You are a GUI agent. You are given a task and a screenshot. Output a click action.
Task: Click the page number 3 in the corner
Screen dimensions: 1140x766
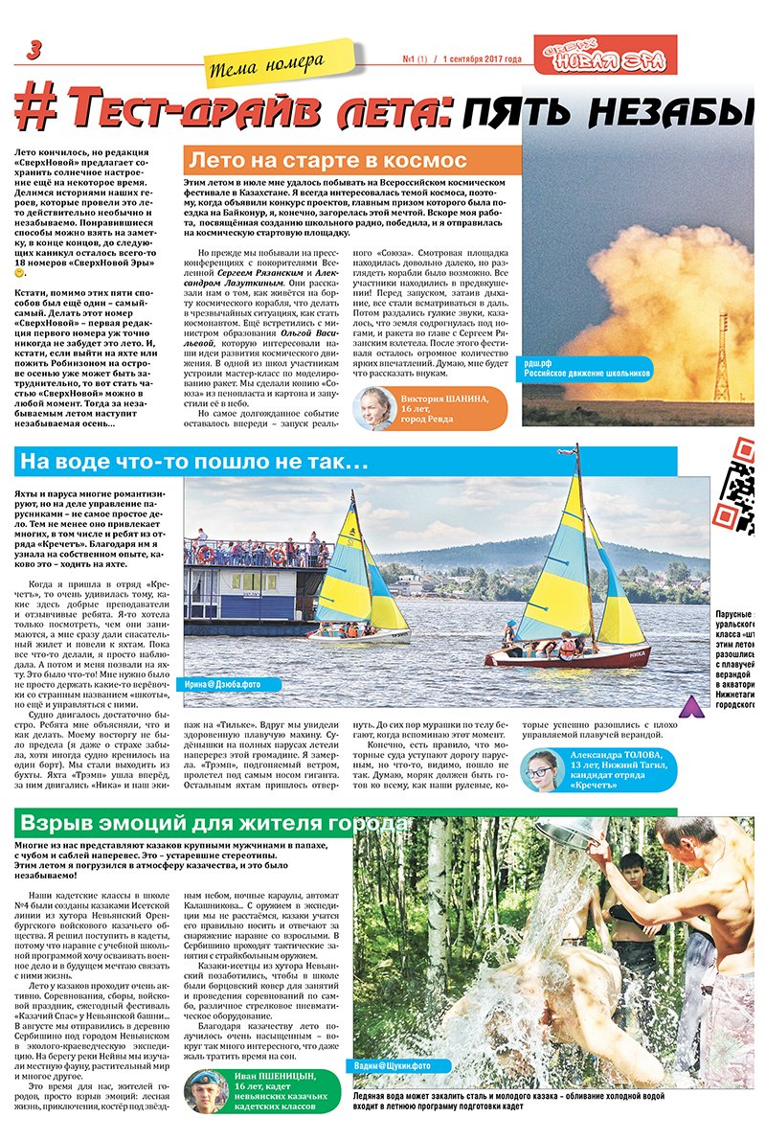(34, 51)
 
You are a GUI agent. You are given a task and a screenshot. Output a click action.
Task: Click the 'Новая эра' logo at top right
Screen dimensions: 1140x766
(619, 57)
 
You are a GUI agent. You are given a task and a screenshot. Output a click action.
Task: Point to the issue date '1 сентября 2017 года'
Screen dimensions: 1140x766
(480, 59)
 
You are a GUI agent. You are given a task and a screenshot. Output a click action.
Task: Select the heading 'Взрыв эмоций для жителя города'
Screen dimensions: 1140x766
(211, 825)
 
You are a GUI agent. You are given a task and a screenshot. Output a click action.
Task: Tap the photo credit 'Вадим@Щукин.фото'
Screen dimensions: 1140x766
(394, 1065)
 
